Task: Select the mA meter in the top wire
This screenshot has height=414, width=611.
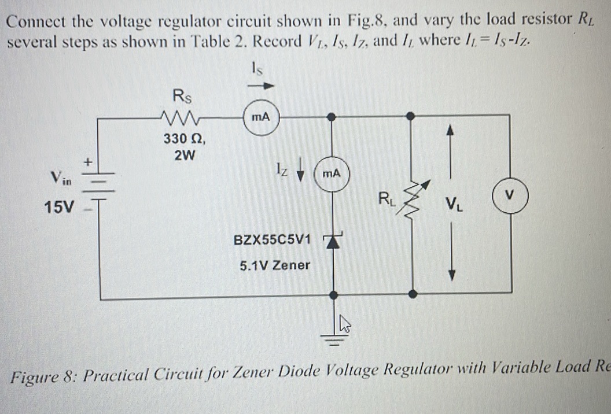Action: [x=262, y=117]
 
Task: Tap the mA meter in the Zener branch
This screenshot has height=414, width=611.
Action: [x=331, y=173]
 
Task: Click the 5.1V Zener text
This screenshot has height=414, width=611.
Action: [x=275, y=265]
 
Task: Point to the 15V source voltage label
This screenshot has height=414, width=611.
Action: [x=59, y=206]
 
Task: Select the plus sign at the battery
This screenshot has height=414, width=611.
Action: [x=89, y=163]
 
